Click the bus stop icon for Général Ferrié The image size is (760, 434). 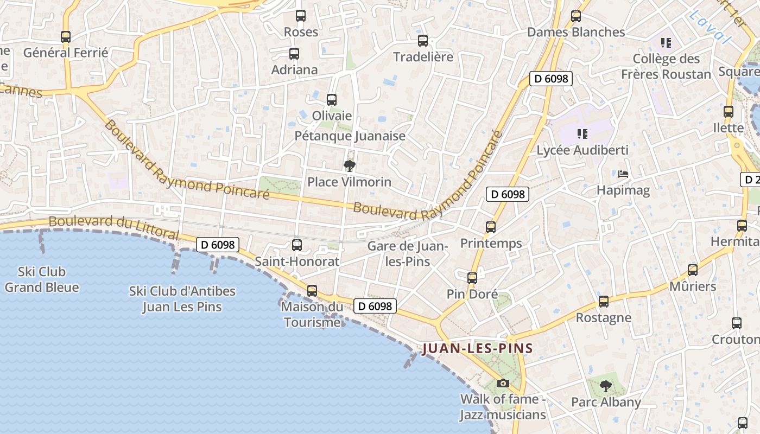click(x=66, y=37)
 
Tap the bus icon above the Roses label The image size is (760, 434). click(x=301, y=16)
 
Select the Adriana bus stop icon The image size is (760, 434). click(x=294, y=54)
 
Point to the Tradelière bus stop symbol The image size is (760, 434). click(x=423, y=41)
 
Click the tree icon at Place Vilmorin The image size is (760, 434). click(x=350, y=166)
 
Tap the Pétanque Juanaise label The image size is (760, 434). click(x=350, y=136)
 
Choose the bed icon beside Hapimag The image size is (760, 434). click(x=623, y=174)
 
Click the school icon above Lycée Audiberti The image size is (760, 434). click(x=582, y=133)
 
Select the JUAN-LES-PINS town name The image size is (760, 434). click(x=478, y=348)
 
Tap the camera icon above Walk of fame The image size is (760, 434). click(x=503, y=384)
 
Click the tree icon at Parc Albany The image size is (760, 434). click(x=606, y=386)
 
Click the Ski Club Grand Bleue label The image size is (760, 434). click(x=42, y=279)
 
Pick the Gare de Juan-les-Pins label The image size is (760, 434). click(x=407, y=253)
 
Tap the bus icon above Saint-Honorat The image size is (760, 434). click(x=297, y=245)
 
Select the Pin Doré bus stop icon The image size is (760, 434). click(x=472, y=278)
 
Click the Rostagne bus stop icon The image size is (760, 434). click(x=604, y=302)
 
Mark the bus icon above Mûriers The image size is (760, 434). click(x=693, y=270)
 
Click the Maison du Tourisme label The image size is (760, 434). click(x=312, y=315)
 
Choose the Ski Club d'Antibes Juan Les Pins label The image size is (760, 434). click(x=182, y=299)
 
